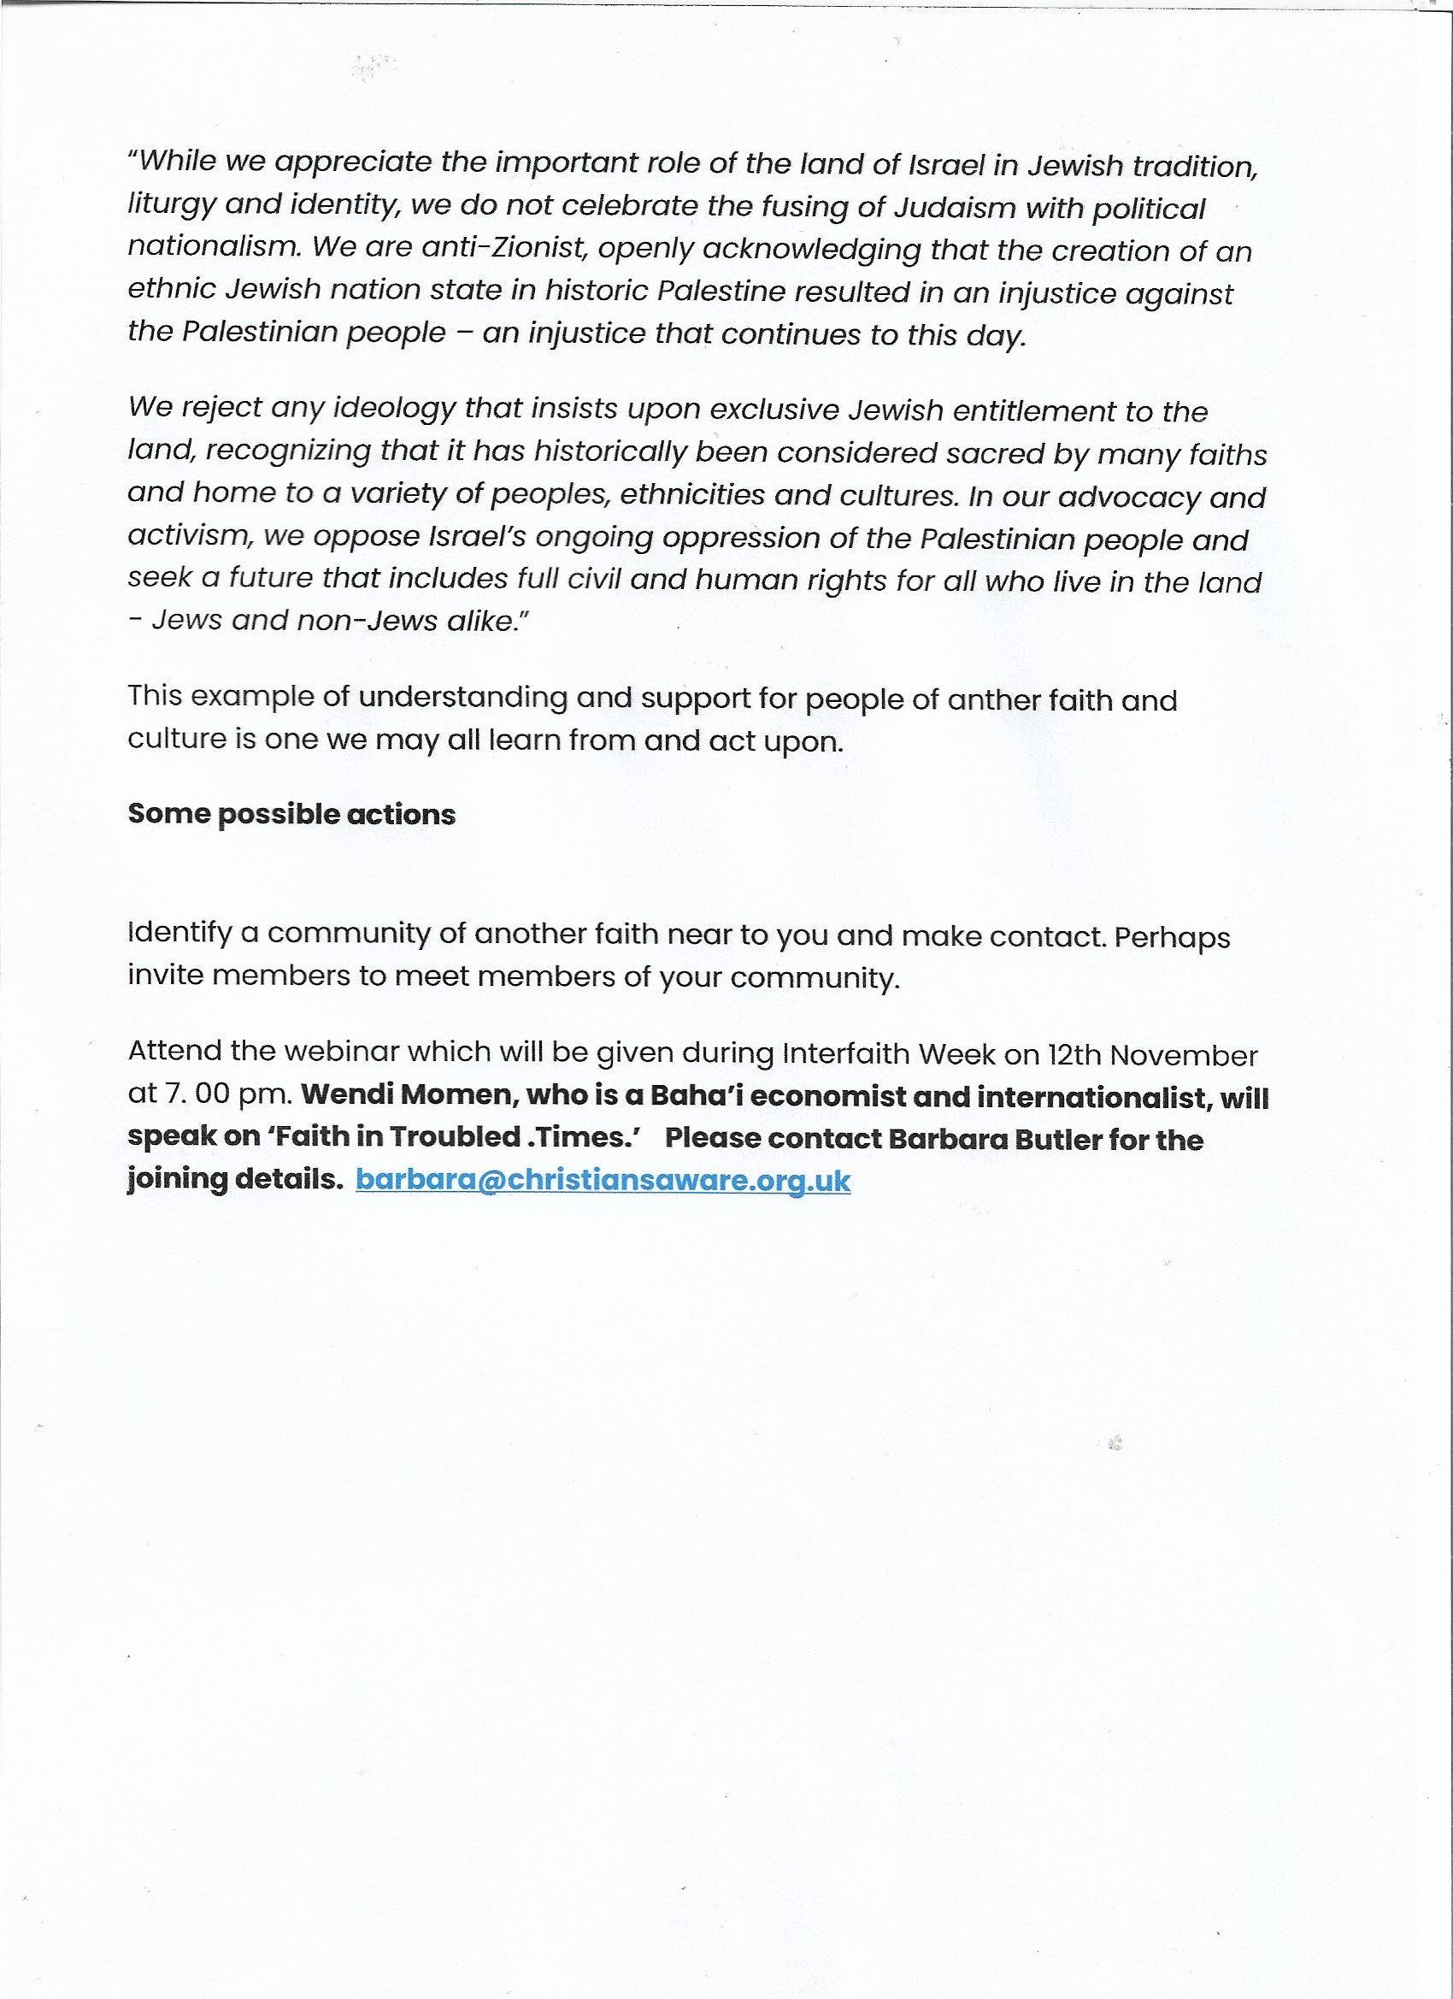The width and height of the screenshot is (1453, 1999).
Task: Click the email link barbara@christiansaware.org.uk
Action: click(x=603, y=1179)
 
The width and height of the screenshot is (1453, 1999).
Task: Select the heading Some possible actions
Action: click(x=291, y=813)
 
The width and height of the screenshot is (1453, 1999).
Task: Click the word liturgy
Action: click(x=171, y=204)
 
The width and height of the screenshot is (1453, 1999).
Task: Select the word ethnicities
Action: click(x=692, y=494)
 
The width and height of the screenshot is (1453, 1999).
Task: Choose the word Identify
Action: click(x=179, y=933)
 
